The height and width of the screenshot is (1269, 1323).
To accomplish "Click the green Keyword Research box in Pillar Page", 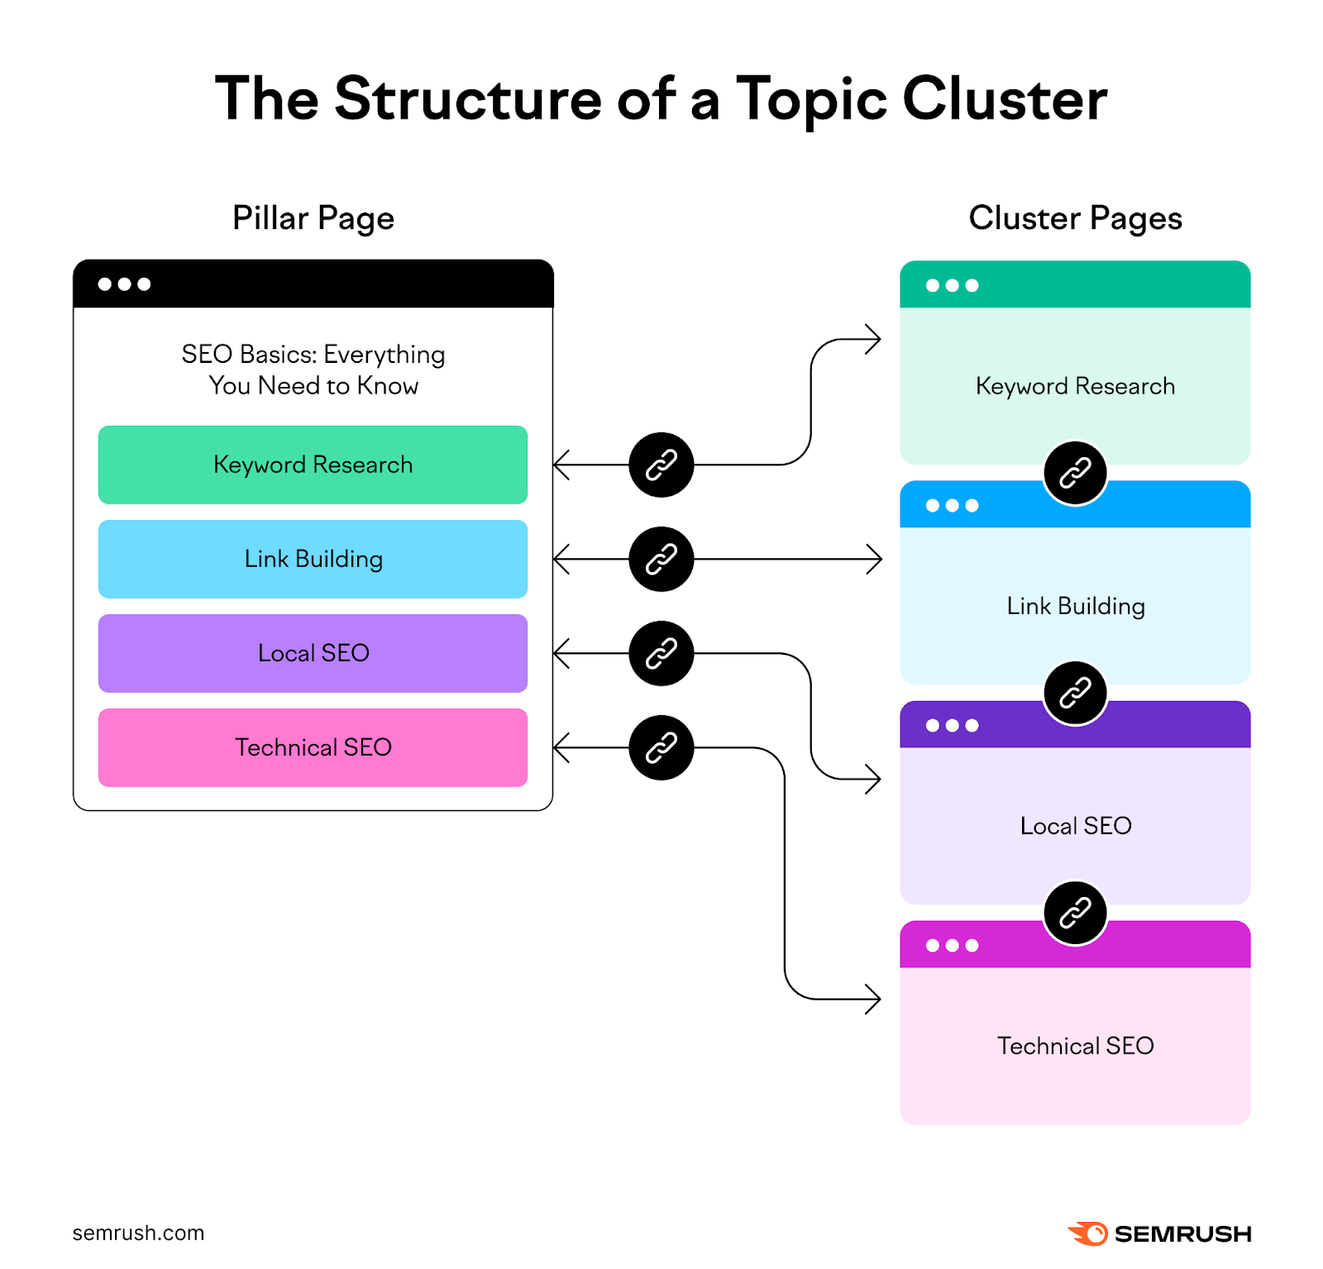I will click(313, 465).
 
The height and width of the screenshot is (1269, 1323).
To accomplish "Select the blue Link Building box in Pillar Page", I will click(313, 559).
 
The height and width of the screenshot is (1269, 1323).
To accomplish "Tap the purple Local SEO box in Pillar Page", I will click(313, 653).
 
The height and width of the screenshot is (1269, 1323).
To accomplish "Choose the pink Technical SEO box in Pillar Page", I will click(313, 747).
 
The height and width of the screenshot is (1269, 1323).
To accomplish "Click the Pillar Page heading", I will click(313, 218).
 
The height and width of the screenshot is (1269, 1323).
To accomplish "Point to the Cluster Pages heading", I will click(1075, 218).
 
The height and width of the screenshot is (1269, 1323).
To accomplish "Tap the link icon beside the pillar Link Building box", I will click(661, 559).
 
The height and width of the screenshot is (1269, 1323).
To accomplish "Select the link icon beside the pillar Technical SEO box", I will click(661, 747).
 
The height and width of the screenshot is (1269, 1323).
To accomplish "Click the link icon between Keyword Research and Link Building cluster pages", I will click(1075, 473).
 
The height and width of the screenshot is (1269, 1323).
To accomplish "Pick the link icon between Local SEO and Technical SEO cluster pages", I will click(1075, 913).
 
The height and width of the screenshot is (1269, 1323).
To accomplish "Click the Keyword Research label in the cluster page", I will click(1075, 386).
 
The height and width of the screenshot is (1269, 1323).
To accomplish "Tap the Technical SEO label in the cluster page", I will click(1075, 1046).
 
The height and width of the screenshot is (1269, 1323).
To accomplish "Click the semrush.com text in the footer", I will click(138, 1233).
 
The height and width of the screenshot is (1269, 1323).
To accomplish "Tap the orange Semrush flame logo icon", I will click(1088, 1233).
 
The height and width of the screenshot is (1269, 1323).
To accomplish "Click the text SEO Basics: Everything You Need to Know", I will click(313, 370).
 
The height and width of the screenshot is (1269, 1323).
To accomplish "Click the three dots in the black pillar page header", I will click(124, 284).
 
